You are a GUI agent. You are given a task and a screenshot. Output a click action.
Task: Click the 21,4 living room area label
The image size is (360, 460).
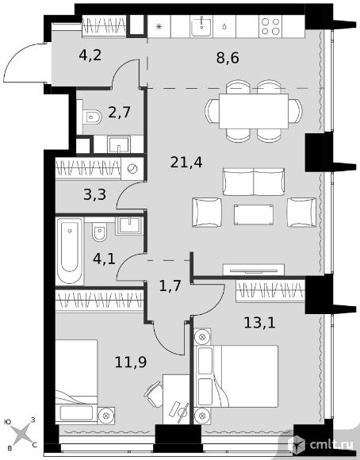point(186,163)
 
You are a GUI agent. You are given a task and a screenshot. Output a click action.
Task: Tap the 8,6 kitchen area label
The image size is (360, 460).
point(228,57)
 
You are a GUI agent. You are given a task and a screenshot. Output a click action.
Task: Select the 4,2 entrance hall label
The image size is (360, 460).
point(90,55)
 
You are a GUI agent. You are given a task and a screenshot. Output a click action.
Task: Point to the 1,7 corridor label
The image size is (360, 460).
point(170,286)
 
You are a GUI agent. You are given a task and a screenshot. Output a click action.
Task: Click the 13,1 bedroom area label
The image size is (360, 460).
point(259,323)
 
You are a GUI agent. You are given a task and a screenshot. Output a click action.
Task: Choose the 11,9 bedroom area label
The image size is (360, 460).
point(131,362)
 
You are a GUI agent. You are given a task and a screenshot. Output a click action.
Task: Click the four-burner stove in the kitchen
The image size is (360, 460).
point(270,26)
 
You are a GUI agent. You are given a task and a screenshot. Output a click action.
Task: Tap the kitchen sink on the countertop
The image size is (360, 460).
point(201,26)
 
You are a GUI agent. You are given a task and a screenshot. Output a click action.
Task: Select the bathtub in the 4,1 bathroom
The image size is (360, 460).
point(70,251)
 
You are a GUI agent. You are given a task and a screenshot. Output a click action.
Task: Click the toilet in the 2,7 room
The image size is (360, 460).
point(91,117)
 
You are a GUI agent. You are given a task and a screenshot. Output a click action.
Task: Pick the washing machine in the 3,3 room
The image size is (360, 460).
point(132,169)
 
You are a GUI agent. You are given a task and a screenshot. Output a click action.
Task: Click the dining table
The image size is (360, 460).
point(254,111)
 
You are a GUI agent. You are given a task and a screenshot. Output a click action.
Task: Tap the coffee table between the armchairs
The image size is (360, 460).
point(254,215)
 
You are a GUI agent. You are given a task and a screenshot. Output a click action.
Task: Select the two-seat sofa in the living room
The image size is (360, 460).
point(254,182)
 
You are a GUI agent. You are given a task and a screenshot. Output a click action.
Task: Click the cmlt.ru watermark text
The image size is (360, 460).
point(331,445)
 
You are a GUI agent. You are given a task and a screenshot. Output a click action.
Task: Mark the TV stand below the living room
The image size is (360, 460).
point(254,270)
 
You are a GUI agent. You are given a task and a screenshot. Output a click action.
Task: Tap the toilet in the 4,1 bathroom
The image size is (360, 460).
point(99,232)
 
